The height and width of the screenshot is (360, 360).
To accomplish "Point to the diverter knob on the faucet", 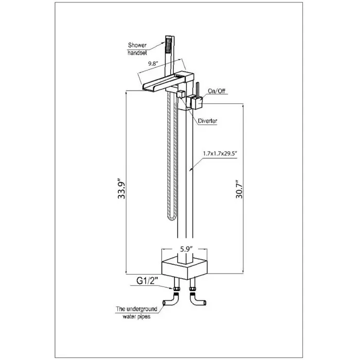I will (x=181, y=94).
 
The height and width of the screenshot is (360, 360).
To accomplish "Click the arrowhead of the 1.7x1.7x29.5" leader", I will (x=191, y=168).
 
